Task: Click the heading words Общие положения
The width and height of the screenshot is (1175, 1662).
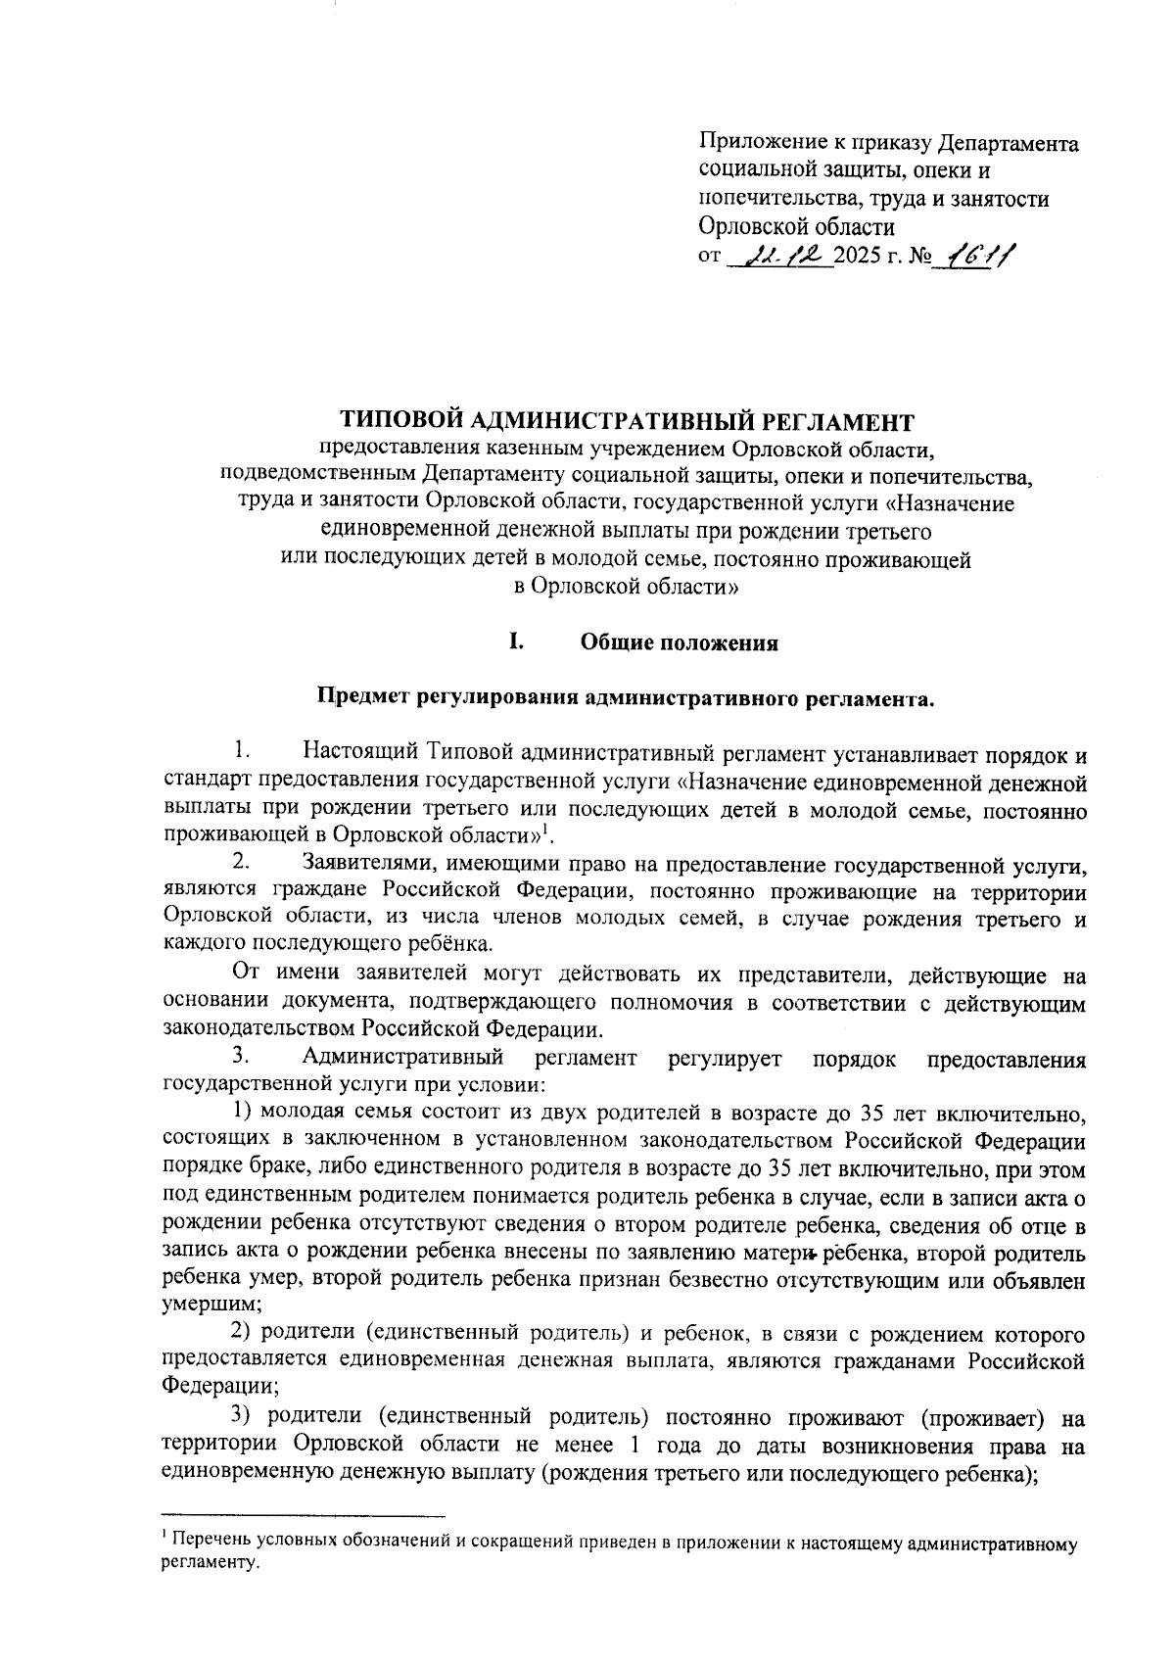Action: pos(679,643)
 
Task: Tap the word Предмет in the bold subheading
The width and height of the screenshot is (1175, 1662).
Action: pos(356,698)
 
